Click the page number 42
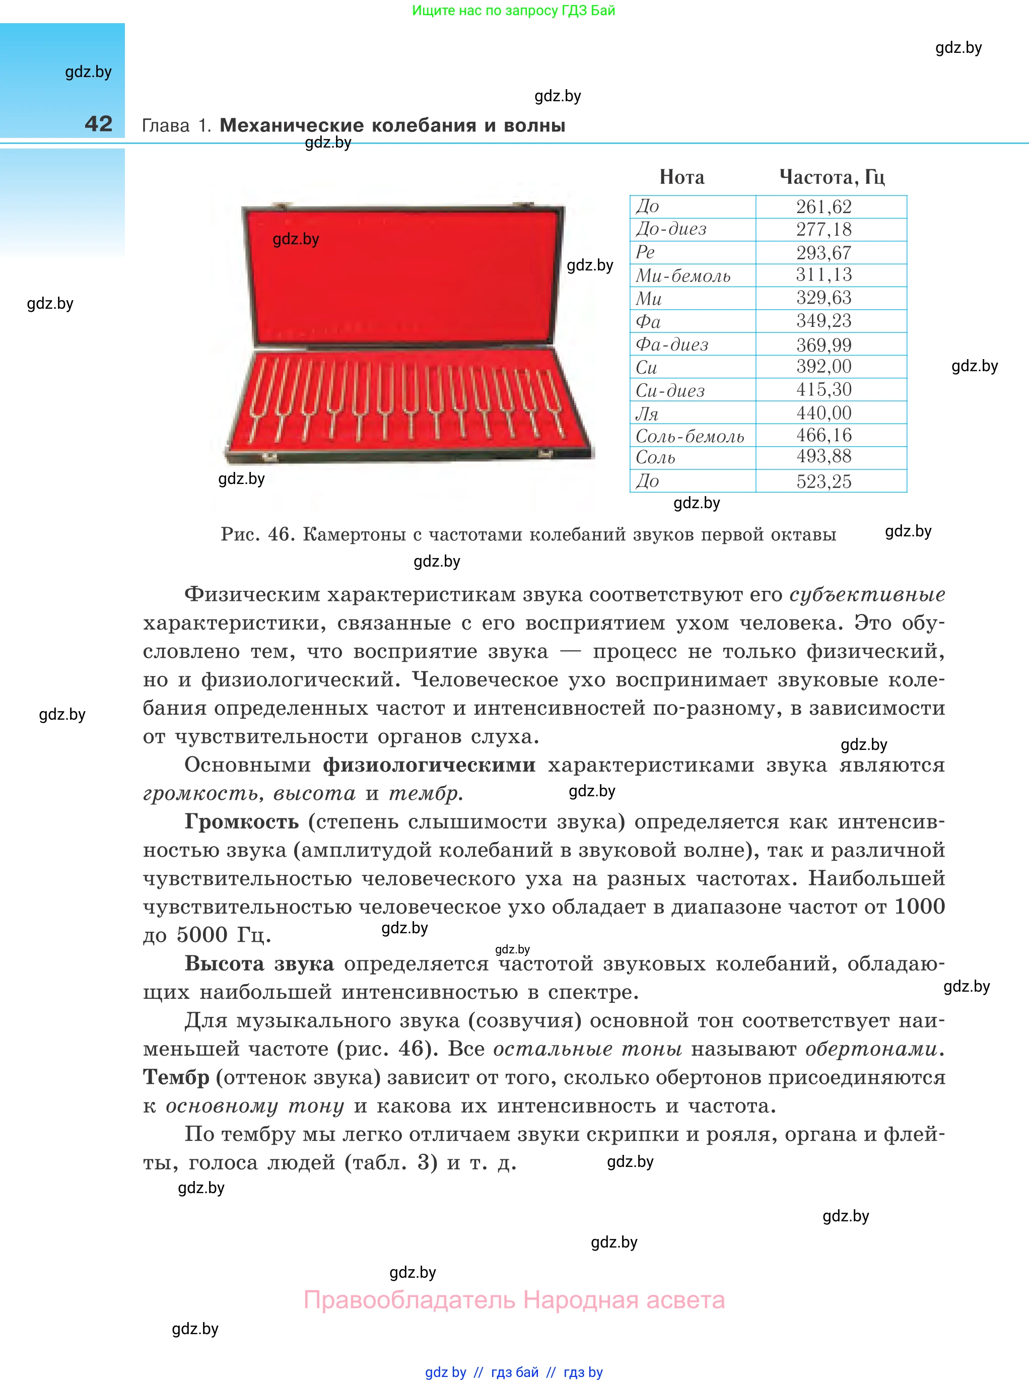click(x=98, y=124)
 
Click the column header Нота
click(x=681, y=177)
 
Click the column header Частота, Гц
click(x=832, y=177)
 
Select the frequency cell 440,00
click(x=824, y=413)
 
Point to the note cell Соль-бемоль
click(x=690, y=436)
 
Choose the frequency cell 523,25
click(x=824, y=481)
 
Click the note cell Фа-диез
click(x=671, y=344)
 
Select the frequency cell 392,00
click(x=824, y=367)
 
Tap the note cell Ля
click(x=647, y=413)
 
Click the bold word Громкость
click(x=242, y=822)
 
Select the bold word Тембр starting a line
click(x=176, y=1077)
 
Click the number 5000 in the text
click(x=202, y=935)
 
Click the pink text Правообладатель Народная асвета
click(x=514, y=1300)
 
